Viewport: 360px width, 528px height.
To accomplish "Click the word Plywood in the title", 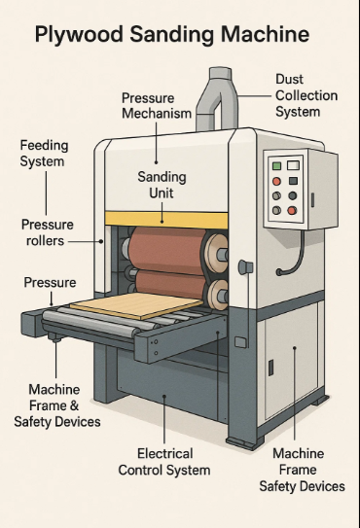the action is (x=79, y=34).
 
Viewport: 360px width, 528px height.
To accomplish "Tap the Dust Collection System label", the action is (x=306, y=95).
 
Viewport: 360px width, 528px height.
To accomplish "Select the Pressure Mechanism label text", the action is (x=157, y=106).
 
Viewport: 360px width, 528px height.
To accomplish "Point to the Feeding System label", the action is (x=44, y=154).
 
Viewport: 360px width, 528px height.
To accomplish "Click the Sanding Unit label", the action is (x=162, y=185).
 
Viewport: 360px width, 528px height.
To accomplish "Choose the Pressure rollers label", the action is (x=48, y=232).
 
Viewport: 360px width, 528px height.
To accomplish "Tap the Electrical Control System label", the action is (x=164, y=462).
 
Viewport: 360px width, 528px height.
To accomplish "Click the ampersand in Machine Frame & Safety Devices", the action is (x=75, y=405).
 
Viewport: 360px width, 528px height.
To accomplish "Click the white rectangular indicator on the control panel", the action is (x=293, y=165).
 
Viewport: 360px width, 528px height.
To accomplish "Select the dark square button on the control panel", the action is (x=293, y=181).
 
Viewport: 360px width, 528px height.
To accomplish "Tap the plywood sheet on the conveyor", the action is (x=136, y=305).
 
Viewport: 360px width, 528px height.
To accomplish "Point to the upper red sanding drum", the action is (x=166, y=248).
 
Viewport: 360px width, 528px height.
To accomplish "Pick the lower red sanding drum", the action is (x=170, y=284).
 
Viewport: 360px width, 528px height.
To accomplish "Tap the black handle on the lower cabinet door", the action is (x=270, y=368).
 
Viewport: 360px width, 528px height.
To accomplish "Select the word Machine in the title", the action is (x=266, y=34).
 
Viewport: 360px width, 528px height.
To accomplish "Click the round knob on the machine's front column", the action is (x=245, y=267).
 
